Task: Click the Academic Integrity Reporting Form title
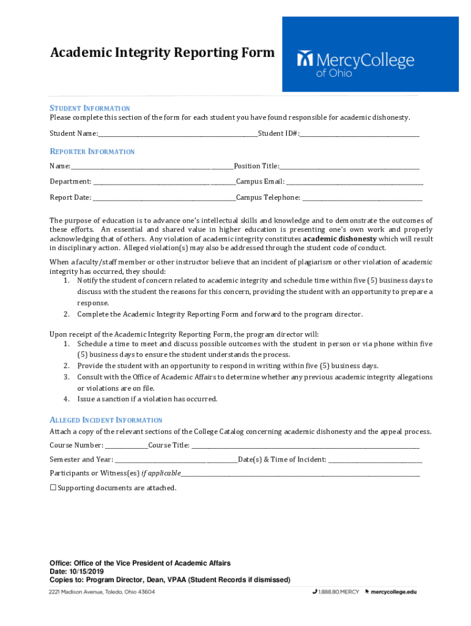tap(162, 53)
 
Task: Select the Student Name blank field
tap(177, 134)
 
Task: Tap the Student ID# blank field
tap(359, 134)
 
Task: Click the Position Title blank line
tap(349, 167)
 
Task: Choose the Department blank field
tap(164, 182)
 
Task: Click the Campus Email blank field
tap(355, 182)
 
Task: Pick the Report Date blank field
tap(164, 198)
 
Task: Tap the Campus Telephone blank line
tap(362, 198)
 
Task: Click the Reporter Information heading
tap(92, 152)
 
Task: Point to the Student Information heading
tap(90, 108)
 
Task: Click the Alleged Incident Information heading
tap(106, 420)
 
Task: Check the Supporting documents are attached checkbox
tap(53, 487)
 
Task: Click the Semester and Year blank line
tap(176, 460)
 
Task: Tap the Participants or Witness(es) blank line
tap(300, 474)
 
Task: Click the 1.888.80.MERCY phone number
tap(338, 592)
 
